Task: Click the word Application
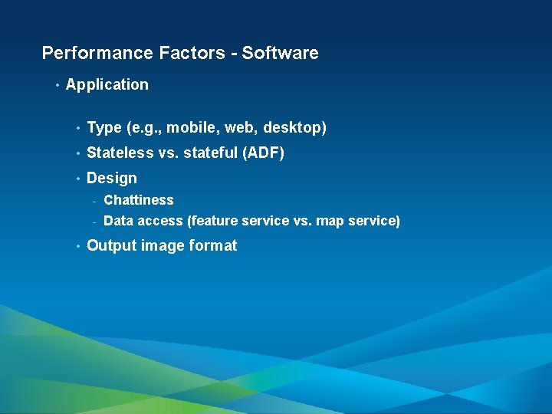click(x=107, y=84)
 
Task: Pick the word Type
click(x=103, y=128)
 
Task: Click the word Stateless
click(x=120, y=153)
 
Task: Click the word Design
click(x=112, y=178)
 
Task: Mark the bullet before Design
click(x=78, y=179)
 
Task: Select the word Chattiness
click(x=139, y=200)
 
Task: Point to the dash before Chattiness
click(x=93, y=201)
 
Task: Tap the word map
click(x=329, y=222)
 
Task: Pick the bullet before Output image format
click(x=78, y=246)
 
